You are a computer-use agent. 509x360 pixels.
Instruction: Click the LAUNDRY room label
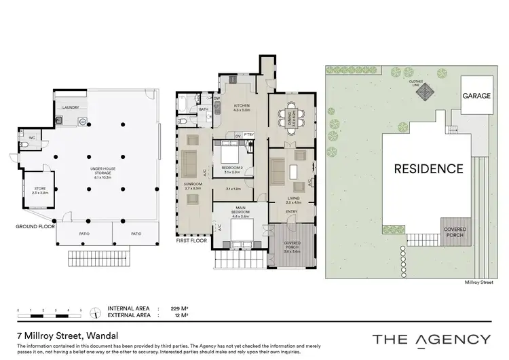click(x=71, y=107)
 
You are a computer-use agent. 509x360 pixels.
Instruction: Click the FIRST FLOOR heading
click(x=191, y=240)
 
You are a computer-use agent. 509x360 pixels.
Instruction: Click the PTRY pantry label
click(x=249, y=134)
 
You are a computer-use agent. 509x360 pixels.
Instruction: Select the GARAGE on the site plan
click(x=476, y=96)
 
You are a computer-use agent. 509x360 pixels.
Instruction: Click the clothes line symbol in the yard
click(x=426, y=92)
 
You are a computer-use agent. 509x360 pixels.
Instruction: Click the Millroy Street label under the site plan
click(x=478, y=280)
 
